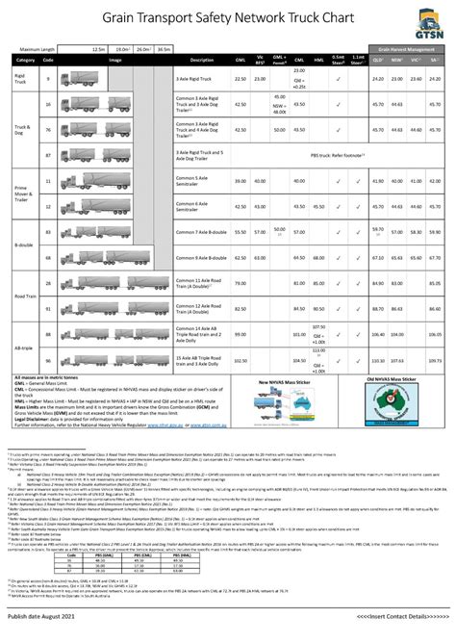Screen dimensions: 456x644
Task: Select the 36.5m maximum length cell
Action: [x=165, y=46]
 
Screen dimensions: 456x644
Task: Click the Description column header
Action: [x=202, y=59]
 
